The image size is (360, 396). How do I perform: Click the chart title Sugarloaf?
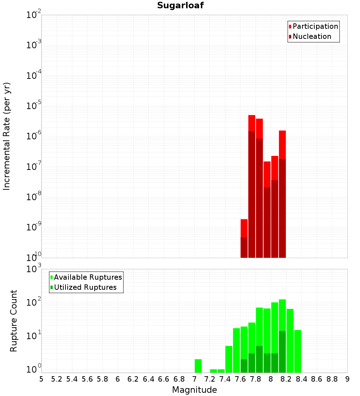[x=180, y=5]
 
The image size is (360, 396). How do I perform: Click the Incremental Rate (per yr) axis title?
[x=7, y=136]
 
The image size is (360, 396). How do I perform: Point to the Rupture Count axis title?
[x=14, y=321]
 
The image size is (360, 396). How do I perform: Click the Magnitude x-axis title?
[x=194, y=390]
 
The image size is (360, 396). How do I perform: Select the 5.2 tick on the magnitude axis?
[x=57, y=379]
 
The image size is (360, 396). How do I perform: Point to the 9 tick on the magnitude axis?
[x=347, y=379]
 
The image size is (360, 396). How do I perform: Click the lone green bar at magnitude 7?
[x=198, y=366]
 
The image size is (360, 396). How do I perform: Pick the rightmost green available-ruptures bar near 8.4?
[x=297, y=351]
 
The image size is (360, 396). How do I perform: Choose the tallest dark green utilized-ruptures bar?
[x=282, y=351]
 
